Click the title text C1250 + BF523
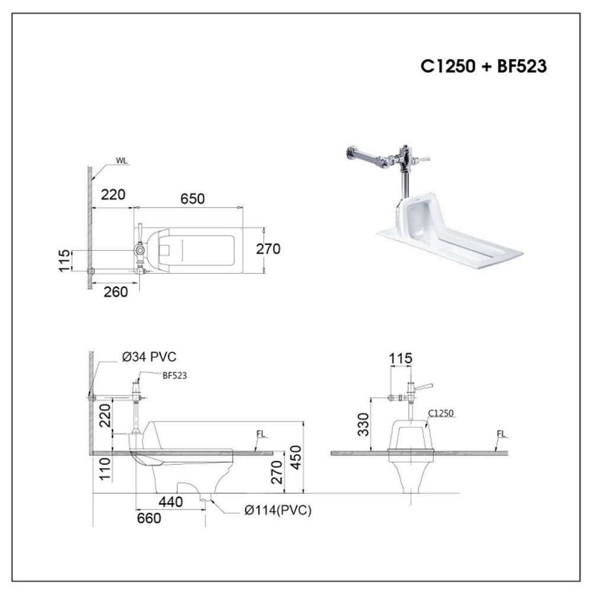(483, 66)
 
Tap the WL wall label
(122, 159)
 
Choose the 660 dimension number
(149, 518)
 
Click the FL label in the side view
(260, 433)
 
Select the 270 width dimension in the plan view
(268, 249)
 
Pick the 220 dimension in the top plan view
(112, 194)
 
